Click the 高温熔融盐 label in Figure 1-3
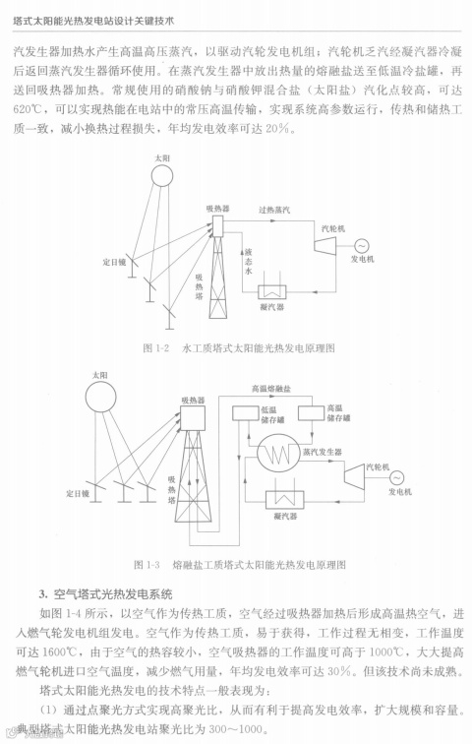[x=272, y=389]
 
